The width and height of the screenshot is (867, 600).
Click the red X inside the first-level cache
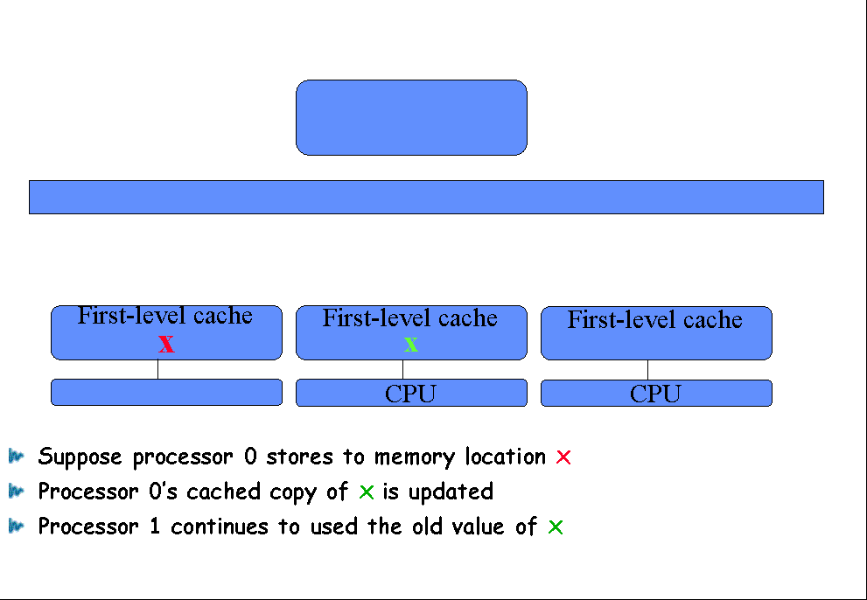166,344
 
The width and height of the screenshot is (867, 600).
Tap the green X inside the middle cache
411,345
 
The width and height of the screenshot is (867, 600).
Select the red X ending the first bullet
563,457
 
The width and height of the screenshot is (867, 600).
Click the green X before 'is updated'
367,492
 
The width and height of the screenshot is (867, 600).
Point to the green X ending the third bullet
556,527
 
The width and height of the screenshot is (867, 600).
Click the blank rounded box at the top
411,117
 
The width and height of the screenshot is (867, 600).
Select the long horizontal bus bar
426,197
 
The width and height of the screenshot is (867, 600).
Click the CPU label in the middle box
411,394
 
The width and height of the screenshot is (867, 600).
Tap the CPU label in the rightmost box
655,394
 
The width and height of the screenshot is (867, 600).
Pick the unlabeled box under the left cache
166,392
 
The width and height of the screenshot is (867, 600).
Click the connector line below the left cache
158,369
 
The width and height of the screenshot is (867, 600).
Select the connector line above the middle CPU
403,369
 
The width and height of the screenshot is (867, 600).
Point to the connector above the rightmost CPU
648,370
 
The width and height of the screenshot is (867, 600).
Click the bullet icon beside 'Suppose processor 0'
16,457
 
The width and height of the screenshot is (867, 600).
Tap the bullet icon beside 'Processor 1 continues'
16,526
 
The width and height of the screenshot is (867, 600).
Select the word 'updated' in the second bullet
451,492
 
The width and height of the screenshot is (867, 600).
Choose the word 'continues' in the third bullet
219,527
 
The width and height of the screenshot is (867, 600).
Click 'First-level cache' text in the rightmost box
655,319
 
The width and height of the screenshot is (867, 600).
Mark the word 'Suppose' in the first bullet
80,458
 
